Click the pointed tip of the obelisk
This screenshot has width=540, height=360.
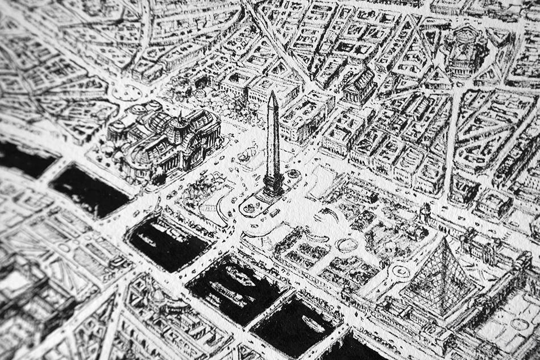pos(273,93)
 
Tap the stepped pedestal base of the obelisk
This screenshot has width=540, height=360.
pos(273,185)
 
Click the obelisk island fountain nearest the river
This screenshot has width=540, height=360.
pos(249,208)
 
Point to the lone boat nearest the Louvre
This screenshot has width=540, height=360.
pos(314,325)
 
